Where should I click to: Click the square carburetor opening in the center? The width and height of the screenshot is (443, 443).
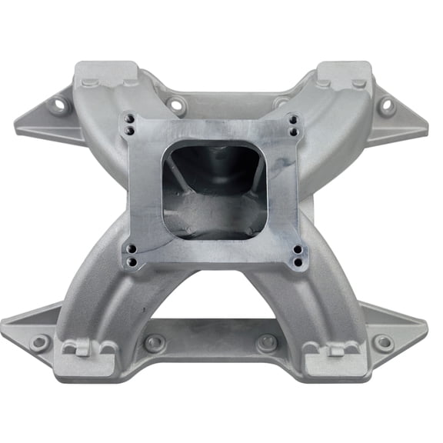click(213, 188)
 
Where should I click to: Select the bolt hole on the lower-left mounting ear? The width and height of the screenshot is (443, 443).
click(40, 341)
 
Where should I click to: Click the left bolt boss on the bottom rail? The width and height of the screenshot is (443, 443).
click(155, 343)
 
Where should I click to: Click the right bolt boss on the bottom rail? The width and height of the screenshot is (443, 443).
click(267, 342)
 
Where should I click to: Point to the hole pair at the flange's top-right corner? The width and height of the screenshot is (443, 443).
click(292, 124)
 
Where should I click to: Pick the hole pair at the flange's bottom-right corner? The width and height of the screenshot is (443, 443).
click(295, 255)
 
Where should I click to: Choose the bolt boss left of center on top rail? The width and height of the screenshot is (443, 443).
click(176, 105)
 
